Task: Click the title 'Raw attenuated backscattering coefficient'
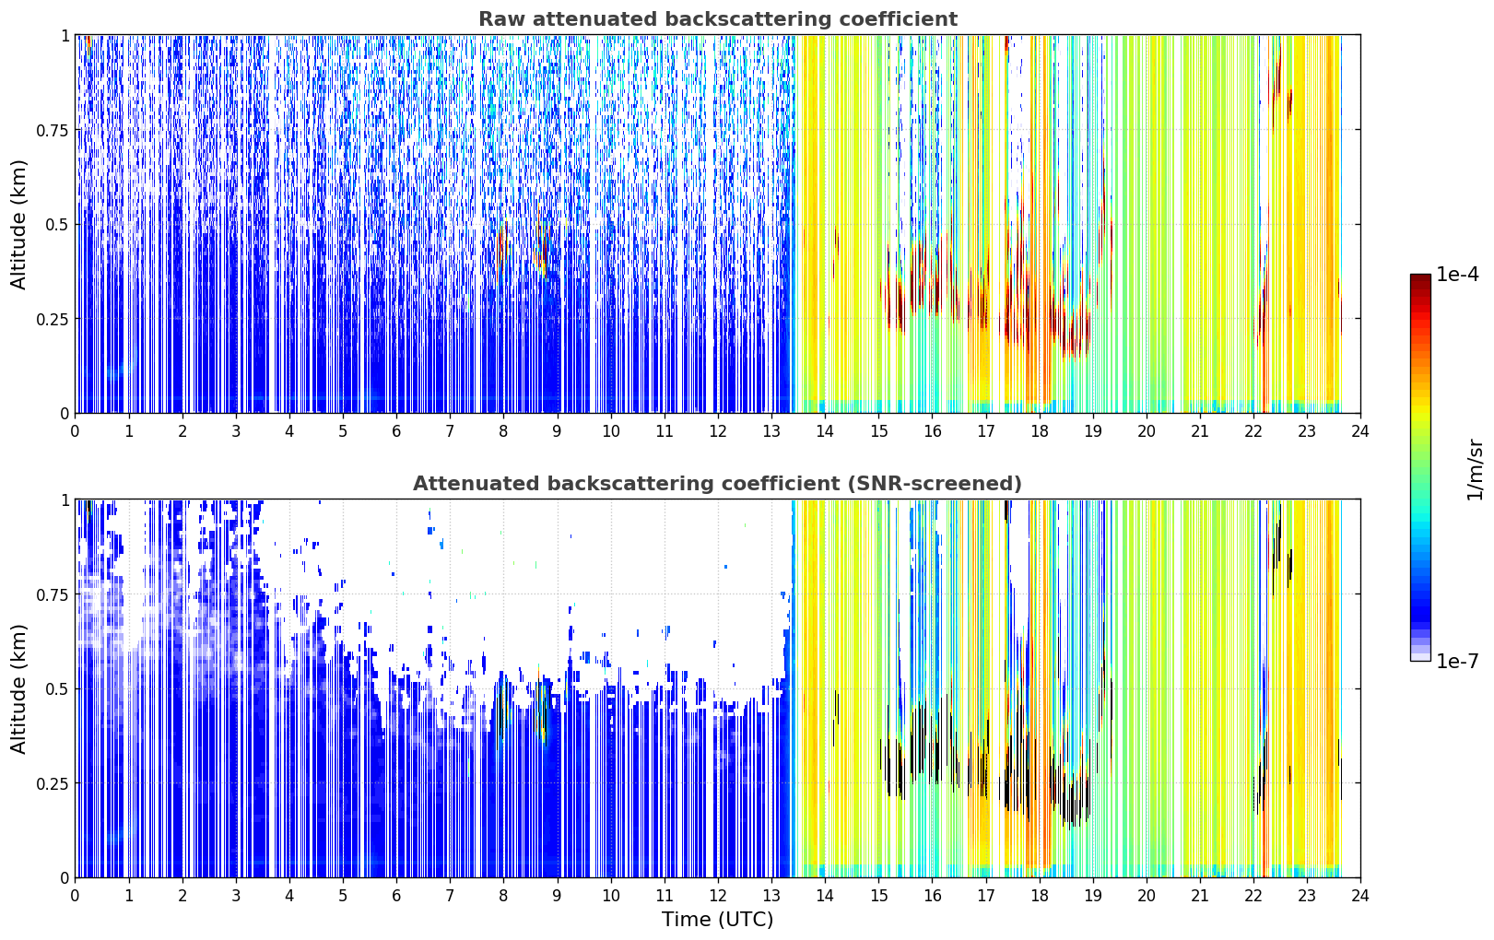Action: point(718,18)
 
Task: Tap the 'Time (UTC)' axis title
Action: point(718,920)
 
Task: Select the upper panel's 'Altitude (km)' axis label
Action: point(18,225)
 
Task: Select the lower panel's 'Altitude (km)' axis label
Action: point(18,688)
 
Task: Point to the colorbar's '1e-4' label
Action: point(1457,274)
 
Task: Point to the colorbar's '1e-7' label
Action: point(1457,662)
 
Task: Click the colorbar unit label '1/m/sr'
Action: point(1475,469)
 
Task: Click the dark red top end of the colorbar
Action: point(1420,278)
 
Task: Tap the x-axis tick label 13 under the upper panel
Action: point(771,431)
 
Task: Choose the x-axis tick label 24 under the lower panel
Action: point(1360,896)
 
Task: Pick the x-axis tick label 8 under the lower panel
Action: point(503,896)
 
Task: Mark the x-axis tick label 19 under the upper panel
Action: point(1092,431)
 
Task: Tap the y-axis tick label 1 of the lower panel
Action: point(65,500)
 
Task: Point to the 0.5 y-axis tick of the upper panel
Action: point(57,225)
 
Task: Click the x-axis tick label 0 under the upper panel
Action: point(75,431)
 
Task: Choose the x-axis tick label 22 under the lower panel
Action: point(1253,896)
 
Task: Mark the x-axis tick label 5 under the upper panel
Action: point(343,431)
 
